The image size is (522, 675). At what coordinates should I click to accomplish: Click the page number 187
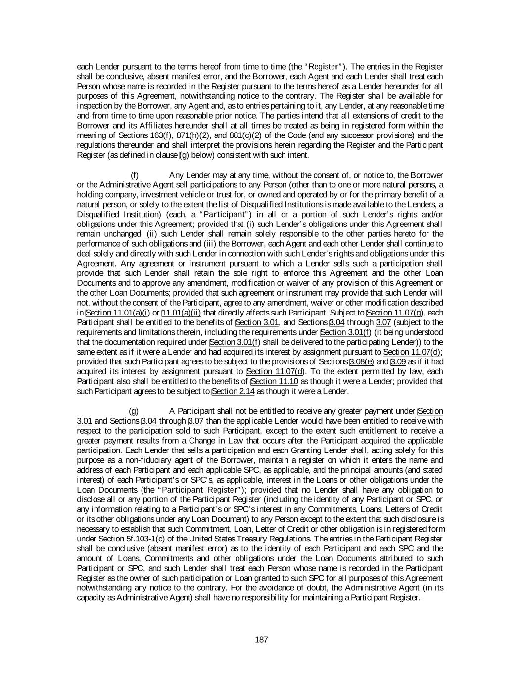(x=261, y=640)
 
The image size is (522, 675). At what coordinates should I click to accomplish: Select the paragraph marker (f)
(x=134, y=175)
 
